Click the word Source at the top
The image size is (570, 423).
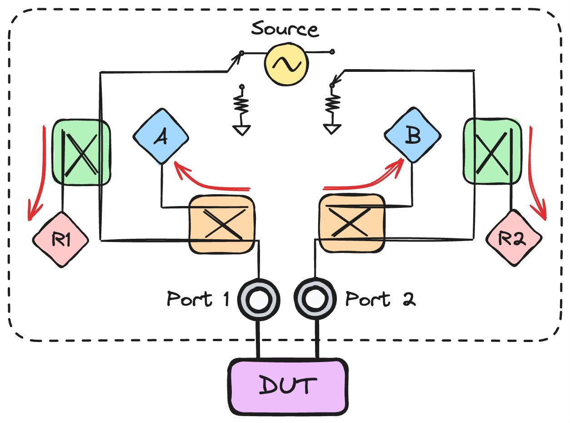point(285,29)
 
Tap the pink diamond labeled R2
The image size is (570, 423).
point(514,238)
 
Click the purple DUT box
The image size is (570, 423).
point(287,385)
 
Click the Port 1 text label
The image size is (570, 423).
point(197,299)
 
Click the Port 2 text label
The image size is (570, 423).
point(380,299)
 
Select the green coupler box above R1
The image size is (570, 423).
point(81,152)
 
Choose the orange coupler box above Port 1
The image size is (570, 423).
point(221,223)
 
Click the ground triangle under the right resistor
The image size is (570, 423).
point(333,129)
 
